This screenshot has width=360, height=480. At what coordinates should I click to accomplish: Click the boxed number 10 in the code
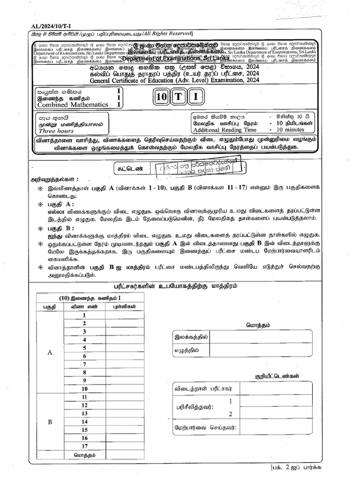[162, 97]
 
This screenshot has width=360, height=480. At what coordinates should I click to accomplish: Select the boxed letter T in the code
[179, 97]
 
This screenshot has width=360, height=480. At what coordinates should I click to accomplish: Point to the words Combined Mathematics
[73, 105]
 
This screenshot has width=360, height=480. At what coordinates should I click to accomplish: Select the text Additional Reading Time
[225, 130]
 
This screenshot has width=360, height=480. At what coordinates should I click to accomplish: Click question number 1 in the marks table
[84, 315]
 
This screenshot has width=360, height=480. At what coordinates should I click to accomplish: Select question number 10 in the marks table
[84, 389]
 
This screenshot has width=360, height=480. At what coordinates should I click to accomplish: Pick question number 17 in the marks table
[84, 446]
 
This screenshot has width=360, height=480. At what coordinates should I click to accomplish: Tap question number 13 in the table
[84, 413]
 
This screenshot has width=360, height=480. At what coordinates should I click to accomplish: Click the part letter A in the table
[50, 352]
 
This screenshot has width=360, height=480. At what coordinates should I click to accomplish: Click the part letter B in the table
[50, 421]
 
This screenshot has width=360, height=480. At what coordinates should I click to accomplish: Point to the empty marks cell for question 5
[125, 348]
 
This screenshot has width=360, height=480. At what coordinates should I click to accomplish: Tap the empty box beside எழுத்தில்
[261, 350]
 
